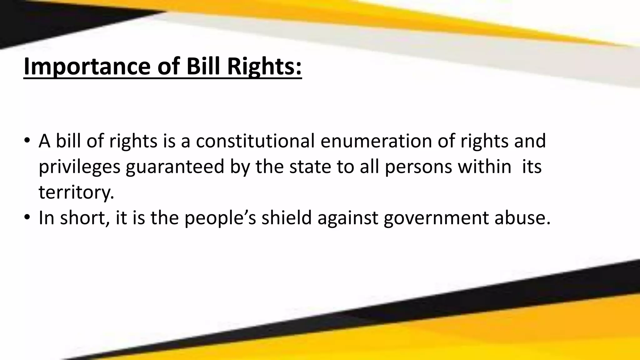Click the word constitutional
tap(255, 141)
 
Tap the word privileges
tap(79, 167)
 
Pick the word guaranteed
tap(175, 167)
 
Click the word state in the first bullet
tap(310, 167)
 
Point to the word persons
tap(418, 167)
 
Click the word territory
tap(76, 192)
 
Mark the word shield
tap(287, 217)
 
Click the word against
tap(348, 218)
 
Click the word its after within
tap(532, 167)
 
